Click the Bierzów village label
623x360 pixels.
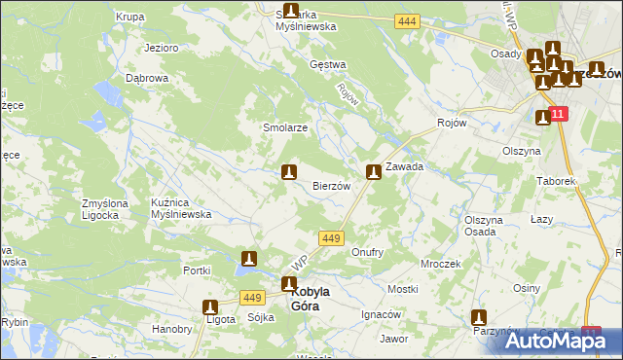(330, 186)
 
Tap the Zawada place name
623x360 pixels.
(404, 166)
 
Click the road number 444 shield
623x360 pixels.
(407, 21)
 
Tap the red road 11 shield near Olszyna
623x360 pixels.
(557, 115)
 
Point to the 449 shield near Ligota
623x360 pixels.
(254, 298)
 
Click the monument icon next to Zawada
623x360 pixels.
(373, 173)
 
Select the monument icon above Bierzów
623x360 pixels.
(288, 173)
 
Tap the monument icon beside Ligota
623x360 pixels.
(211, 307)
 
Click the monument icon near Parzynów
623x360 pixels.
(479, 317)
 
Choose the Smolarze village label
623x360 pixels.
(285, 128)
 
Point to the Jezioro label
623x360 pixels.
(159, 47)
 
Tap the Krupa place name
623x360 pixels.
(130, 17)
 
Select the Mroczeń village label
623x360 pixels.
(440, 264)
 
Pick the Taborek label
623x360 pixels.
(557, 181)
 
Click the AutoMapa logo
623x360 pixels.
(564, 341)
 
